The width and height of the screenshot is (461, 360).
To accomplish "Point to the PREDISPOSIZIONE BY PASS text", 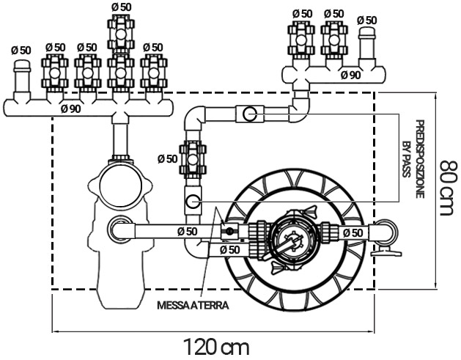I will (x=415, y=160).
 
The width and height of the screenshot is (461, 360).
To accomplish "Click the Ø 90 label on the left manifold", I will (x=70, y=109).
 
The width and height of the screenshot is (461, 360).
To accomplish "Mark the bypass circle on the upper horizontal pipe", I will (x=250, y=114).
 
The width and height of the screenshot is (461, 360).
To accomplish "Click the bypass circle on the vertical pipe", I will (x=193, y=202).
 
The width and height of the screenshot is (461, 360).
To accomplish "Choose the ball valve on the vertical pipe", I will (x=192, y=158).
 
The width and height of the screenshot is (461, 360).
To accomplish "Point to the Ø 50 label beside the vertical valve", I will (x=167, y=158).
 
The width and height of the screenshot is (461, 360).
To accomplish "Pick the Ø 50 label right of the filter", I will (x=354, y=232).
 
